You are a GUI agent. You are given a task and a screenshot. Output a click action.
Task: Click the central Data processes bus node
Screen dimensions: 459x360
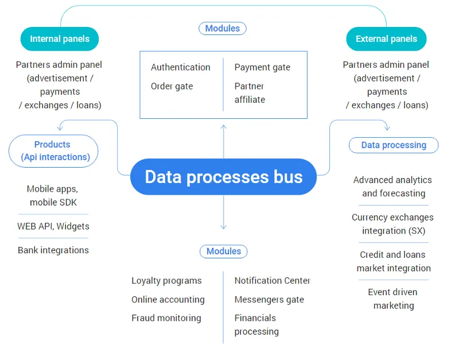tap(223, 177)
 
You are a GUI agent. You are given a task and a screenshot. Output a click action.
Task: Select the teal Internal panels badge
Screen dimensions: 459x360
tap(60, 39)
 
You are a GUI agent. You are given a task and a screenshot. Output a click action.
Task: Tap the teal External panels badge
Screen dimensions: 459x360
tap(386, 39)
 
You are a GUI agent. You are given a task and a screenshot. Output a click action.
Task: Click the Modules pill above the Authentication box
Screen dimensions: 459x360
tap(223, 28)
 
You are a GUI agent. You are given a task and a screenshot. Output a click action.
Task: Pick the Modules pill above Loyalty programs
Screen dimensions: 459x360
tap(224, 251)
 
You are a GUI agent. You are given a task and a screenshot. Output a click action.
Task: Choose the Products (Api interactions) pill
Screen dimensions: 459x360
tap(53, 151)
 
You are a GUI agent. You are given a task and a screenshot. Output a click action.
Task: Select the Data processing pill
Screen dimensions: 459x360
tap(394, 145)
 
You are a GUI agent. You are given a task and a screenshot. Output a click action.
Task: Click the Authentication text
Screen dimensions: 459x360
tap(181, 67)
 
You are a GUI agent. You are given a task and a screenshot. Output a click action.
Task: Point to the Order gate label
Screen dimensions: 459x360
tap(172, 87)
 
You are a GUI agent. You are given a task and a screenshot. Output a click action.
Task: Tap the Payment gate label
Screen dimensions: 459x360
tap(262, 67)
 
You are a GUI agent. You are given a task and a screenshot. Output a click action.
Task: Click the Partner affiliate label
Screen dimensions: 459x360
tap(250, 93)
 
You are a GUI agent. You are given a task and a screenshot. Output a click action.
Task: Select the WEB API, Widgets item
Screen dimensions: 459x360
tap(53, 226)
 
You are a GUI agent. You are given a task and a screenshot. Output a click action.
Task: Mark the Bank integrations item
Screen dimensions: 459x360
tap(53, 250)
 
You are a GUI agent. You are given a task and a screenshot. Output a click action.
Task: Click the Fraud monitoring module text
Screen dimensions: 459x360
tap(166, 318)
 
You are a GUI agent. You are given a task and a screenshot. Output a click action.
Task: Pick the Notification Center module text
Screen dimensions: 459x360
tap(272, 281)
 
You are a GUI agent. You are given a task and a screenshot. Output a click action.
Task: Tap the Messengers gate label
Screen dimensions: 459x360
tap(269, 300)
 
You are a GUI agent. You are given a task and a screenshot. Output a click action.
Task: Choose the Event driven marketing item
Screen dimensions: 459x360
tap(394, 299)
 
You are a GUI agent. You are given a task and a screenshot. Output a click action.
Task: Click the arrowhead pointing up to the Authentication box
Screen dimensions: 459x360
tap(224, 127)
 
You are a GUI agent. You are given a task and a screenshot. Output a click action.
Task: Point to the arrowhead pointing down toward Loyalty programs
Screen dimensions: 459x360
tap(224, 227)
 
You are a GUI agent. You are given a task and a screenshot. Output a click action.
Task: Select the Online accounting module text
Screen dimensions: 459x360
tap(168, 300)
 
